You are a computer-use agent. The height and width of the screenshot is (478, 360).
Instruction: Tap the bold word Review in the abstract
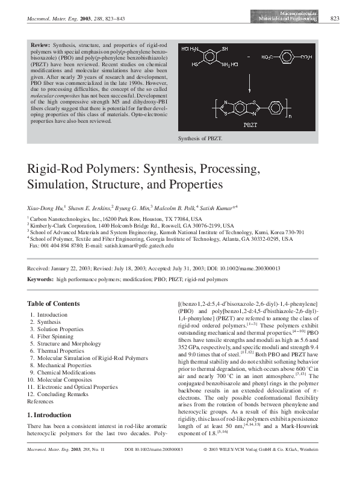[42, 46]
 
